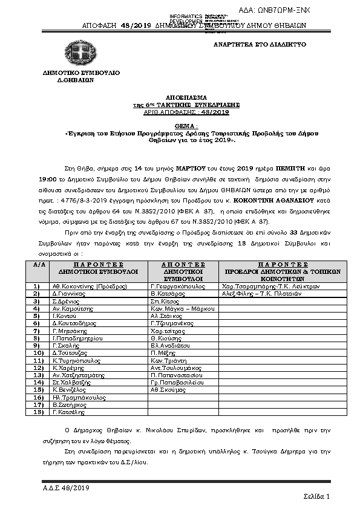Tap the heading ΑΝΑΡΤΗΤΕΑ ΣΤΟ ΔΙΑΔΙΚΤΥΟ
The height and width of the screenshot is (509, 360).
click(x=260, y=45)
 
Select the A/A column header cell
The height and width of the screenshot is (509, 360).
click(x=39, y=264)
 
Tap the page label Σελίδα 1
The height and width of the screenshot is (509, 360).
click(x=316, y=496)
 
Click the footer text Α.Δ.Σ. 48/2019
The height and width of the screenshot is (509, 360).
click(x=66, y=486)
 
